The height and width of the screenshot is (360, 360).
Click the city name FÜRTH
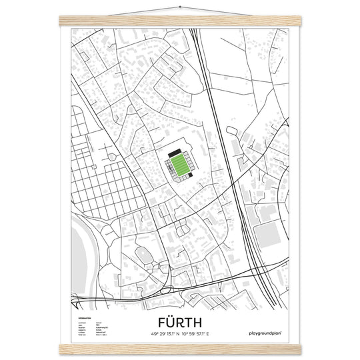pos(179,321)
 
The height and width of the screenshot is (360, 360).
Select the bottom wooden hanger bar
pos(179,349)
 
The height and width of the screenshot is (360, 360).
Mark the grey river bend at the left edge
pos(75,250)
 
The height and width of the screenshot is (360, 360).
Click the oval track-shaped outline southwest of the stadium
pos(143,255)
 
